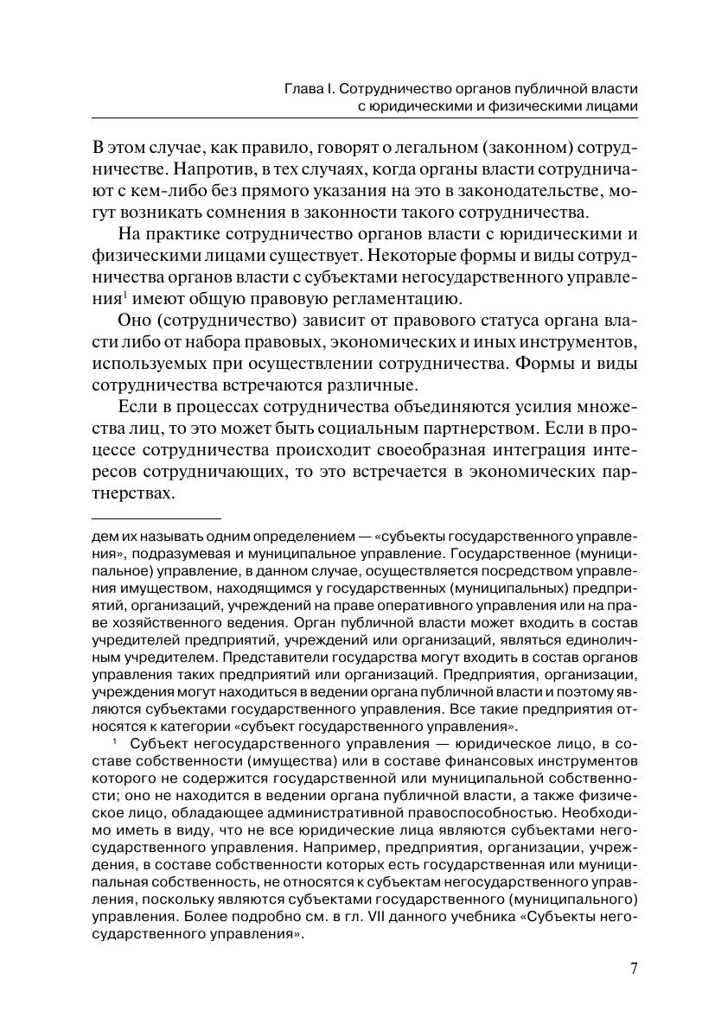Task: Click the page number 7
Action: pyautogui.click(x=633, y=968)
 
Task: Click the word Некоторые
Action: pyautogui.click(x=462, y=257)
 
